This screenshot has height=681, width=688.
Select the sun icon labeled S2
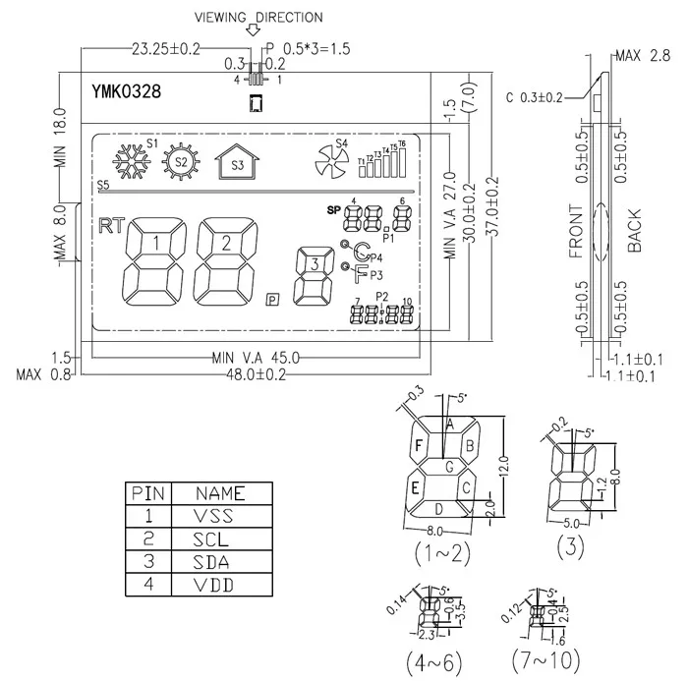click(180, 162)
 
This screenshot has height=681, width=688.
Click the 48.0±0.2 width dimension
click(257, 374)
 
